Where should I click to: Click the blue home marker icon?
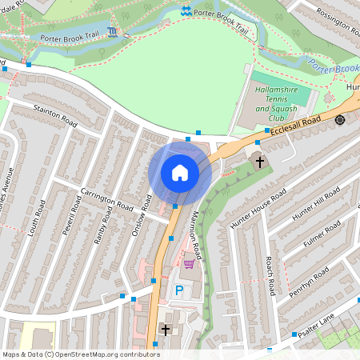179,173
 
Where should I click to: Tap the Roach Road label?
270,274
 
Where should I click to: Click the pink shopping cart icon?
189,263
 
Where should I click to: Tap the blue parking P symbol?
179,290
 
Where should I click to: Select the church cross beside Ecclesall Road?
258,162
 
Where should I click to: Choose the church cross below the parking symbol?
166,330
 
